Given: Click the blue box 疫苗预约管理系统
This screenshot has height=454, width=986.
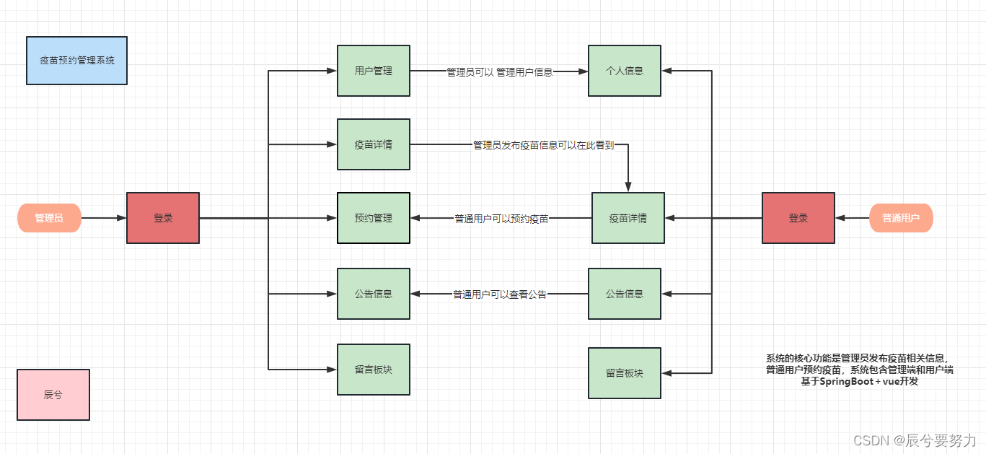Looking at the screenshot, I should coord(76,61).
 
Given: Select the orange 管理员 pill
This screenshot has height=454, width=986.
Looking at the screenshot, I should coord(49,217).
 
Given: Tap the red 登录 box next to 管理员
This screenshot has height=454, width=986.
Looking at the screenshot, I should coord(163,217).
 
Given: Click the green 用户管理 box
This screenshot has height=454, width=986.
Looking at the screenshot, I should coord(373,71).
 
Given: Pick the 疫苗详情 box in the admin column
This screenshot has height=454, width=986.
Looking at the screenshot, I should coord(373,144).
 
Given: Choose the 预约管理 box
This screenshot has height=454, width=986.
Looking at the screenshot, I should coord(373,217).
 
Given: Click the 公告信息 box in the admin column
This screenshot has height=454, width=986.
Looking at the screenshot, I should coord(373,294).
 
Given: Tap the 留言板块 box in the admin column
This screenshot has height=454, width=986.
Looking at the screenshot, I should coord(373,369).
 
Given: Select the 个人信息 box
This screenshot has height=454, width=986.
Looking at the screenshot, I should coord(624,71).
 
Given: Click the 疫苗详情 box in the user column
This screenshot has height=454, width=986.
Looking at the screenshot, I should coord(628,217).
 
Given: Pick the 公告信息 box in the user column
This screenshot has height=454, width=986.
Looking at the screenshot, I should coord(624,294).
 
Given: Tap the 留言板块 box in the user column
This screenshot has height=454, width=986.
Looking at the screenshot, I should coord(624,373).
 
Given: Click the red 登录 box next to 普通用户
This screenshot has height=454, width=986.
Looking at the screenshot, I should coord(798,217).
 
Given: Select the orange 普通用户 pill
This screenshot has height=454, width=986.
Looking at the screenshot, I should coord(901,217).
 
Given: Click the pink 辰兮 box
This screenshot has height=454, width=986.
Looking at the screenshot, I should coord(53,395).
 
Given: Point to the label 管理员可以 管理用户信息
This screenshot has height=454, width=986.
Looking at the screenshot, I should coord(499,72).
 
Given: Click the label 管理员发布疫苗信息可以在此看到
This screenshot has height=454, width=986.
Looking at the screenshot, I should coord(543,145).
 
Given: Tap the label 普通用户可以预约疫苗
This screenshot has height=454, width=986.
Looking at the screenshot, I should coord(501,218).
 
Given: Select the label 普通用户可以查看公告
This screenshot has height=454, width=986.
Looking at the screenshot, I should coord(500,294).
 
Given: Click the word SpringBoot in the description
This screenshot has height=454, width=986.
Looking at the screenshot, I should coord(845,381).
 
